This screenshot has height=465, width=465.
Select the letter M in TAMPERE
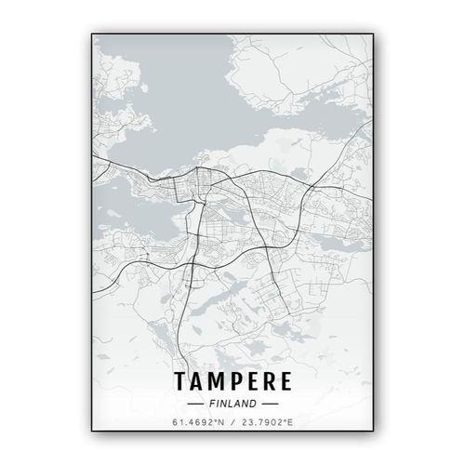[x=218, y=381]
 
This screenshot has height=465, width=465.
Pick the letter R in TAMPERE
[x=270, y=381]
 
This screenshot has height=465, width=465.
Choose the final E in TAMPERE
[x=286, y=381]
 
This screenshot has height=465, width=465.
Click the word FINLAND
[x=232, y=405]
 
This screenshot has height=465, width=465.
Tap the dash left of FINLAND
[x=196, y=405]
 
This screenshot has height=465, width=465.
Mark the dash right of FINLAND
[x=270, y=405]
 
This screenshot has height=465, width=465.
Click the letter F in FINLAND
[x=212, y=405]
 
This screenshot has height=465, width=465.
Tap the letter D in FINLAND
[x=253, y=405]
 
